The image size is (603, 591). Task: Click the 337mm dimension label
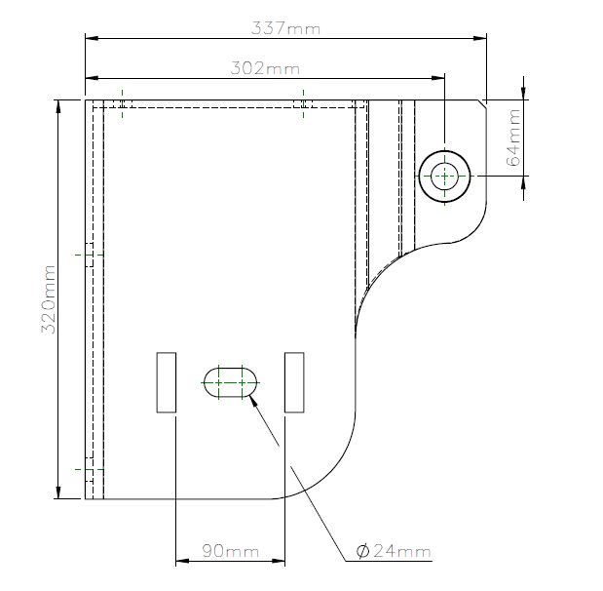pos(285,28)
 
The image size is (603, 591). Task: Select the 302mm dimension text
pos(265,68)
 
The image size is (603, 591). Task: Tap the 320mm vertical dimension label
pos(49,299)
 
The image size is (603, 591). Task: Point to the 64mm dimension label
pos(513,138)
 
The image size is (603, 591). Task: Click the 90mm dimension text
pos(230,551)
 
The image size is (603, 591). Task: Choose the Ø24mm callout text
pos(394,551)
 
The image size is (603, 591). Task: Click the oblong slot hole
pos(230,382)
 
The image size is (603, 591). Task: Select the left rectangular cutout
pos(167,382)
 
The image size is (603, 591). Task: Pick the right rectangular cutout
pos(294,382)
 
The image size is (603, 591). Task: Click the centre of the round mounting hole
pos(444,177)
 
